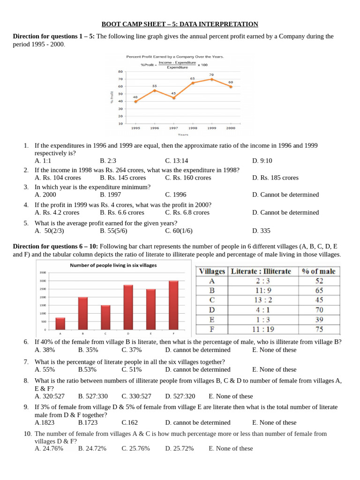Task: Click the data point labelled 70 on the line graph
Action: [x=211, y=79]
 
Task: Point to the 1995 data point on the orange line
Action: [x=135, y=101]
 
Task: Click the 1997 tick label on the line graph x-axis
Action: [x=173, y=128]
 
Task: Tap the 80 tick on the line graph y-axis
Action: [x=120, y=72]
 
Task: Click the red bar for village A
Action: [x=60, y=324]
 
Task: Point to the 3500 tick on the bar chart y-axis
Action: [x=43, y=272]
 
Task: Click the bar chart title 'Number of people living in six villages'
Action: [x=113, y=265]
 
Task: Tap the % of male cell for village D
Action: [x=319, y=310]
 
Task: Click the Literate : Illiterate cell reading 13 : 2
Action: [x=262, y=300]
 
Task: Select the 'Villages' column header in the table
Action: [x=212, y=271]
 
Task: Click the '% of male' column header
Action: [x=319, y=271]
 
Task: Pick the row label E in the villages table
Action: [x=212, y=320]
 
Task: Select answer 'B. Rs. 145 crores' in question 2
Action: [x=123, y=178]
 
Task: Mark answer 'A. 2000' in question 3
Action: [x=45, y=195]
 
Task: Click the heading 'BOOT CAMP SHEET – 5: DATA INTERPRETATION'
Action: [x=180, y=24]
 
